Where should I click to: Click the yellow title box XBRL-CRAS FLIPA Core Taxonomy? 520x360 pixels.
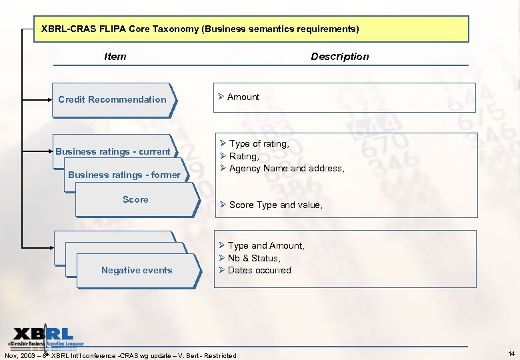coord(251,29)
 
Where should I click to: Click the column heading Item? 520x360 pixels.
coord(115,57)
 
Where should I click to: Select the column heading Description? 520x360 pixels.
coord(339,57)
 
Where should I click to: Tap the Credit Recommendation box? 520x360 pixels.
coord(112,100)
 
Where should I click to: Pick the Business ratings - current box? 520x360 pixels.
coord(113,151)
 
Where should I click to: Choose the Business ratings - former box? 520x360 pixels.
coord(124,175)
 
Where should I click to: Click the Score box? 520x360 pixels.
coord(135,199)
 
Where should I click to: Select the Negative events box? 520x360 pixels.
coord(137,270)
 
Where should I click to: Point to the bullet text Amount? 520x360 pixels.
coord(243,97)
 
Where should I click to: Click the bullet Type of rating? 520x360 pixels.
coord(259,144)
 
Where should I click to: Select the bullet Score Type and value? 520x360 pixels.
coord(275,205)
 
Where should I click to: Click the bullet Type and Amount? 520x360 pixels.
coord(266,246)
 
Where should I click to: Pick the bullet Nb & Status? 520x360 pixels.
coord(254,258)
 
